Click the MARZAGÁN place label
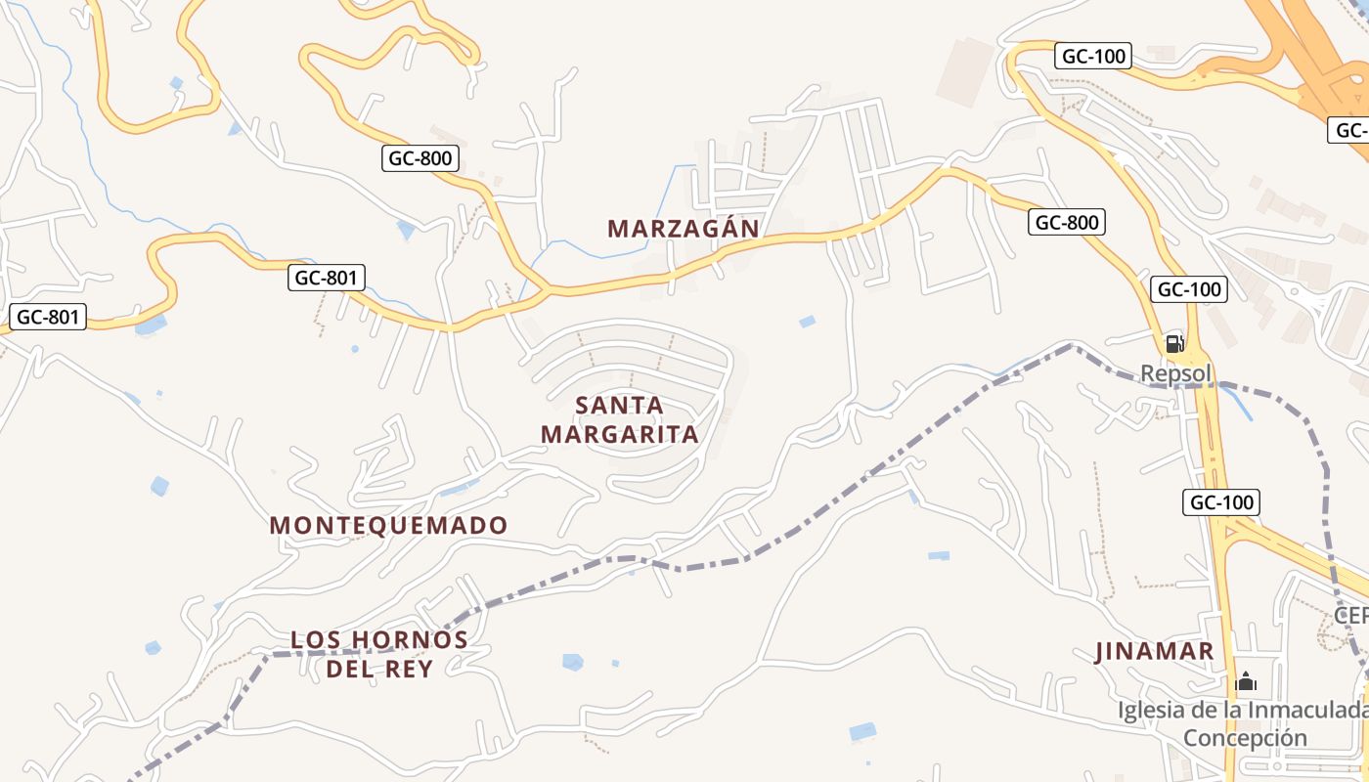(x=683, y=229)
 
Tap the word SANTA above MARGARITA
(x=620, y=405)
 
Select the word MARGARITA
(x=620, y=434)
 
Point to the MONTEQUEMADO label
(x=388, y=526)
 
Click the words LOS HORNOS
(x=379, y=640)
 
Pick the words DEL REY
(x=379, y=669)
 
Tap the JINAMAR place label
(x=1154, y=652)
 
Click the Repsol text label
(x=1175, y=373)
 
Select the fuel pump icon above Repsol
(x=1174, y=343)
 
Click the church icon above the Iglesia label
(x=1246, y=681)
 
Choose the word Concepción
(x=1245, y=737)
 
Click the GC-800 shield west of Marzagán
(x=420, y=157)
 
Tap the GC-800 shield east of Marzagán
(x=1067, y=222)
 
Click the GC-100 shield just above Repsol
(x=1189, y=289)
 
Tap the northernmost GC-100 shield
(x=1094, y=56)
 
